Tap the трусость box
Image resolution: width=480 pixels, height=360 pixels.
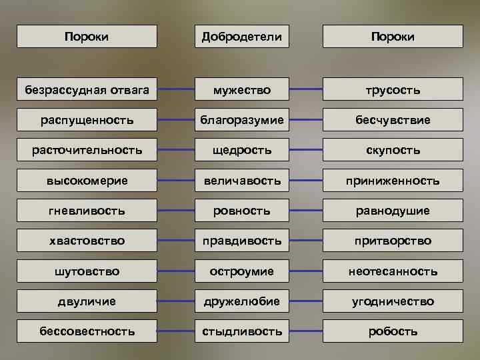[x=393, y=89]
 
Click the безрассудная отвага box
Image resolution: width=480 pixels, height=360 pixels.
[x=87, y=89]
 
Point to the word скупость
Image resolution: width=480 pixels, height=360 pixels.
[x=393, y=150]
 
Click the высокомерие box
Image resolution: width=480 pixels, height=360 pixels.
[x=87, y=180]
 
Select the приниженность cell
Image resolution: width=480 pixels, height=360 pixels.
[x=393, y=180]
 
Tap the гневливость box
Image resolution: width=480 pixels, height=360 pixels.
[x=87, y=211]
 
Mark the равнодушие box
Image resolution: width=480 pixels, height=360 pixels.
[x=393, y=211]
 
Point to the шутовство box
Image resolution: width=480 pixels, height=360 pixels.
[x=87, y=271]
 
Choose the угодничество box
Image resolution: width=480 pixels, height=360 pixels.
[x=393, y=301]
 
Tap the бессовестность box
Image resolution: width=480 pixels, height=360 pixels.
[x=87, y=331]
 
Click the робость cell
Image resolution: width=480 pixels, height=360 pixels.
[x=393, y=331]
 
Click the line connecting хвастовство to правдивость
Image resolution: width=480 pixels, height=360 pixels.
[x=176, y=240]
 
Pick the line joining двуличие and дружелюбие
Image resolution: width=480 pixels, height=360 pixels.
[x=176, y=301]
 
